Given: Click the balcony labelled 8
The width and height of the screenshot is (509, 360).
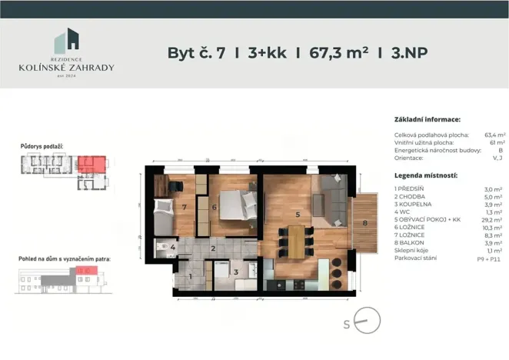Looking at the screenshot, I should pos(365,224).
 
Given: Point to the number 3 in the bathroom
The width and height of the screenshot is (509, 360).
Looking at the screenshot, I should pos(237,272).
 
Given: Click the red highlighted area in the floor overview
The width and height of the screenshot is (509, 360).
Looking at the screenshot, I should pos(92,163).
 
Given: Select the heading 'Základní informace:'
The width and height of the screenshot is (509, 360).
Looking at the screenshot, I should pos(427,120).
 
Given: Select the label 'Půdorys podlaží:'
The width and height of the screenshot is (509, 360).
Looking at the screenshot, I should pos(42,145).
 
